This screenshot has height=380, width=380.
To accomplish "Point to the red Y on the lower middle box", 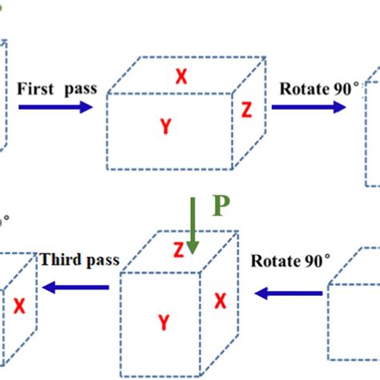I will pyautogui.click(x=163, y=322).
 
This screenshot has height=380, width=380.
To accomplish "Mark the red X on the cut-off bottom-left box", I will pyautogui.click(x=19, y=307).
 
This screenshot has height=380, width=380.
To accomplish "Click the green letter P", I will pyautogui.click(x=221, y=208).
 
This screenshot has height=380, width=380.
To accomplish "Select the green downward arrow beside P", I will pyautogui.click(x=193, y=224).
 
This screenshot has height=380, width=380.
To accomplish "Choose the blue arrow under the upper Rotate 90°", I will pyautogui.click(x=314, y=107).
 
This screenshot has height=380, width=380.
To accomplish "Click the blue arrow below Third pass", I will pyautogui.click(x=76, y=287).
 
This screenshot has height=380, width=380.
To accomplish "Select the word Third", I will pyautogui.click(x=61, y=260).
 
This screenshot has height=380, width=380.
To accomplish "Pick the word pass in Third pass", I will pyautogui.click(x=102, y=261).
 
